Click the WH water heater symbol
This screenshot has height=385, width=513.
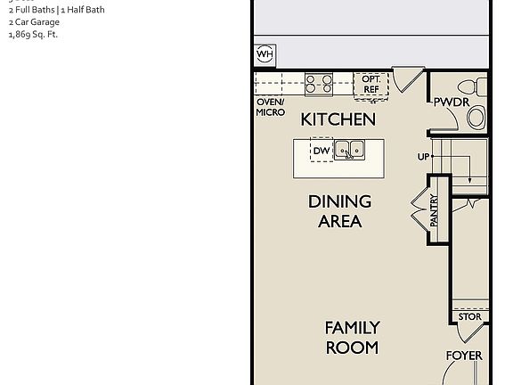(x=265, y=54)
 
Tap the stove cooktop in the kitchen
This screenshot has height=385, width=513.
(x=318, y=84)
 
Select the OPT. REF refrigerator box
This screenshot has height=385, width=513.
(x=371, y=85)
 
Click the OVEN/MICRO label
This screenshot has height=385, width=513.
(x=271, y=108)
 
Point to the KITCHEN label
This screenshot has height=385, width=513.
(x=338, y=119)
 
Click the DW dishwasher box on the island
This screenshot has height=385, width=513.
(x=321, y=151)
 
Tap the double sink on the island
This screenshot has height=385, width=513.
(x=349, y=150)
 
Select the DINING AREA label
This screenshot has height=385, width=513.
(x=339, y=211)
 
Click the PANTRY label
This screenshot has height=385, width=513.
(x=435, y=210)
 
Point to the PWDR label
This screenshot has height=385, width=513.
(x=452, y=102)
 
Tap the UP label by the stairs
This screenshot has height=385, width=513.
(x=423, y=157)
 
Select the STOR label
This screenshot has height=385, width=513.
(x=469, y=316)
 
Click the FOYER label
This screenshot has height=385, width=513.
(x=464, y=356)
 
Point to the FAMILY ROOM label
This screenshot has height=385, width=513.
(x=352, y=338)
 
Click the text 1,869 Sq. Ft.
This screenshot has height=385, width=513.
(x=33, y=35)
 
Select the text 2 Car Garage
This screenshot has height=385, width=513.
(x=34, y=22)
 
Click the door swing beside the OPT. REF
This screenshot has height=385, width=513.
(x=408, y=78)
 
